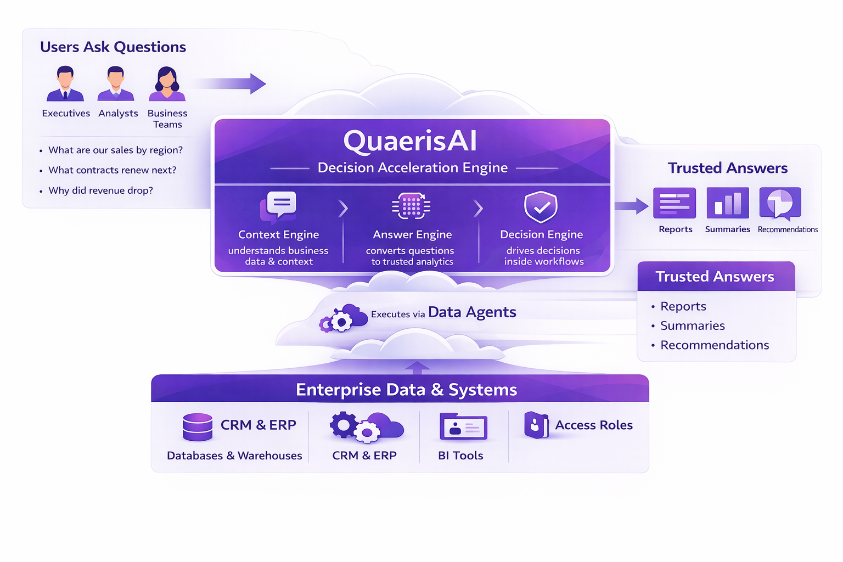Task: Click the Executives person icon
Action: (x=65, y=84)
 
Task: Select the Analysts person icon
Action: (x=116, y=84)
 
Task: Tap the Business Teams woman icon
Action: (x=167, y=84)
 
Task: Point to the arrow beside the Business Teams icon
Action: (x=231, y=83)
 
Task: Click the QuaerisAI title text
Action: (x=410, y=141)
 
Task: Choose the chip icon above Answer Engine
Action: (x=411, y=206)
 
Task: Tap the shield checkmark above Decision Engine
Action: (x=541, y=207)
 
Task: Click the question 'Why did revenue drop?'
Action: (x=100, y=190)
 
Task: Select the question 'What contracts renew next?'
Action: (x=112, y=170)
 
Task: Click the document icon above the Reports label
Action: (x=675, y=203)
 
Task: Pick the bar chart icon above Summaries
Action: (x=727, y=203)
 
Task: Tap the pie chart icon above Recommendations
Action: (x=780, y=203)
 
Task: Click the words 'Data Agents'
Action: (x=472, y=312)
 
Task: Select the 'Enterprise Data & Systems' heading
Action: (x=406, y=390)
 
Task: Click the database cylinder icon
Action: (x=198, y=427)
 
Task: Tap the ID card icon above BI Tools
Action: (x=463, y=427)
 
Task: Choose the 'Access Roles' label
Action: (x=593, y=425)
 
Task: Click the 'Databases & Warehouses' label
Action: (x=234, y=456)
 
